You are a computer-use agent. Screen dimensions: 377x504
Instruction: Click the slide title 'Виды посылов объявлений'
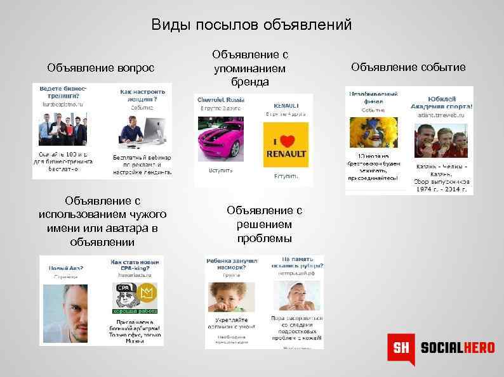(251, 25)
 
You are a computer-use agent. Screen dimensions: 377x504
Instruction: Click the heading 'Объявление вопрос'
(100, 67)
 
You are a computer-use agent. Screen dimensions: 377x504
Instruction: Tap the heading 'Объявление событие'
(408, 67)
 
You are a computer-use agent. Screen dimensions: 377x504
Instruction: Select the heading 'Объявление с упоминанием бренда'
(249, 68)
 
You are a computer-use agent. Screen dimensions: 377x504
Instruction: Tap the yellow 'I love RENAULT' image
(286, 145)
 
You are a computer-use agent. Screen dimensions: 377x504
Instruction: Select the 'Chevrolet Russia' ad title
(221, 100)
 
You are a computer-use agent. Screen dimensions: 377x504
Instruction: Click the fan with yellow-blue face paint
(371, 134)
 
